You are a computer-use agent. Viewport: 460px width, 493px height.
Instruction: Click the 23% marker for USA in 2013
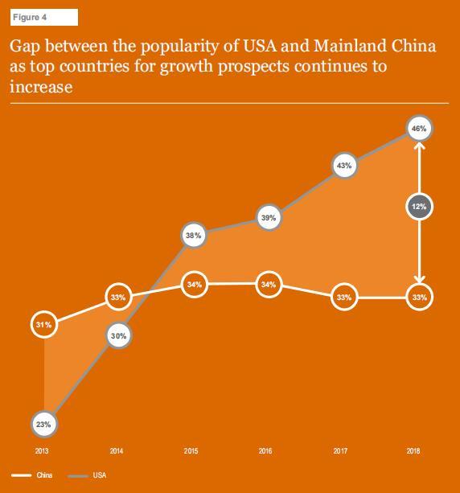tap(43, 424)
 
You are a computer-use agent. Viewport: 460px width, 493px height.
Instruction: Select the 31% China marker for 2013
tap(43, 325)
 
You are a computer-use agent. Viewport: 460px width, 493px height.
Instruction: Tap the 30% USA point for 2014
tap(117, 337)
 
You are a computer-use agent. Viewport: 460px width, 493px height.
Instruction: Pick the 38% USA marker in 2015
tap(192, 236)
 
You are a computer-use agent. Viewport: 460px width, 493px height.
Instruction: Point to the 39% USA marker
tap(269, 217)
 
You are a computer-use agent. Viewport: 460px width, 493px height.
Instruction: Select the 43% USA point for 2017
tap(343, 166)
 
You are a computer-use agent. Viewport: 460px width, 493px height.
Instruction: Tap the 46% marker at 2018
tap(418, 128)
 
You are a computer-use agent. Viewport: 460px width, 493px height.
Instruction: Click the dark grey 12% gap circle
tap(418, 207)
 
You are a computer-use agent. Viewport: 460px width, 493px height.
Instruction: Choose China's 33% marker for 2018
tap(418, 297)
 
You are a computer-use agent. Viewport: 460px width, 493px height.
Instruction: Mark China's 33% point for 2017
tap(343, 297)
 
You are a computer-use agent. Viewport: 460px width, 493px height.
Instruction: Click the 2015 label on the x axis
tap(191, 451)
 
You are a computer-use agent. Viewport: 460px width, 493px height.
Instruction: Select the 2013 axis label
tap(42, 451)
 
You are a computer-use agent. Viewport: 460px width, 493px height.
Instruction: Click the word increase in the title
tap(41, 85)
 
